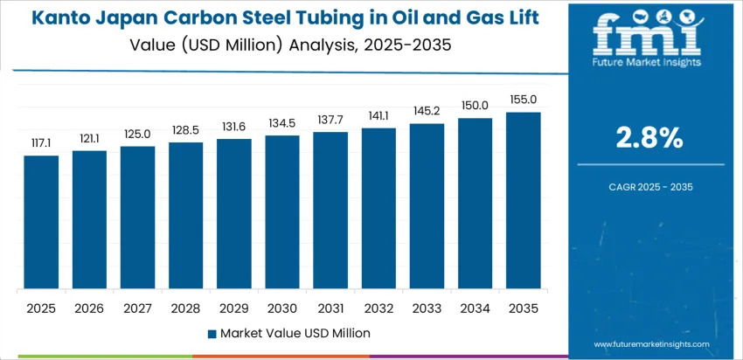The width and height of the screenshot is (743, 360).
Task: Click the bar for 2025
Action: tap(41, 223)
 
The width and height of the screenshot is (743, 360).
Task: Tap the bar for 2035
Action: tap(523, 201)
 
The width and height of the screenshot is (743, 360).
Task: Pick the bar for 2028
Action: tap(185, 216)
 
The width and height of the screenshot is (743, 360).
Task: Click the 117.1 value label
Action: tap(41, 142)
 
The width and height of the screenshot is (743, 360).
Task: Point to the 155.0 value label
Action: tap(523, 100)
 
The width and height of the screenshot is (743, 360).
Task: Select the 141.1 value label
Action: tap(378, 115)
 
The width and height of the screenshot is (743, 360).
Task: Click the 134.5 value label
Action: tap(282, 122)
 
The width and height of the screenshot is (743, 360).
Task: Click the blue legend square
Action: tap(212, 334)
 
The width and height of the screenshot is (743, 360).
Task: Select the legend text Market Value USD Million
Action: tap(295, 333)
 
